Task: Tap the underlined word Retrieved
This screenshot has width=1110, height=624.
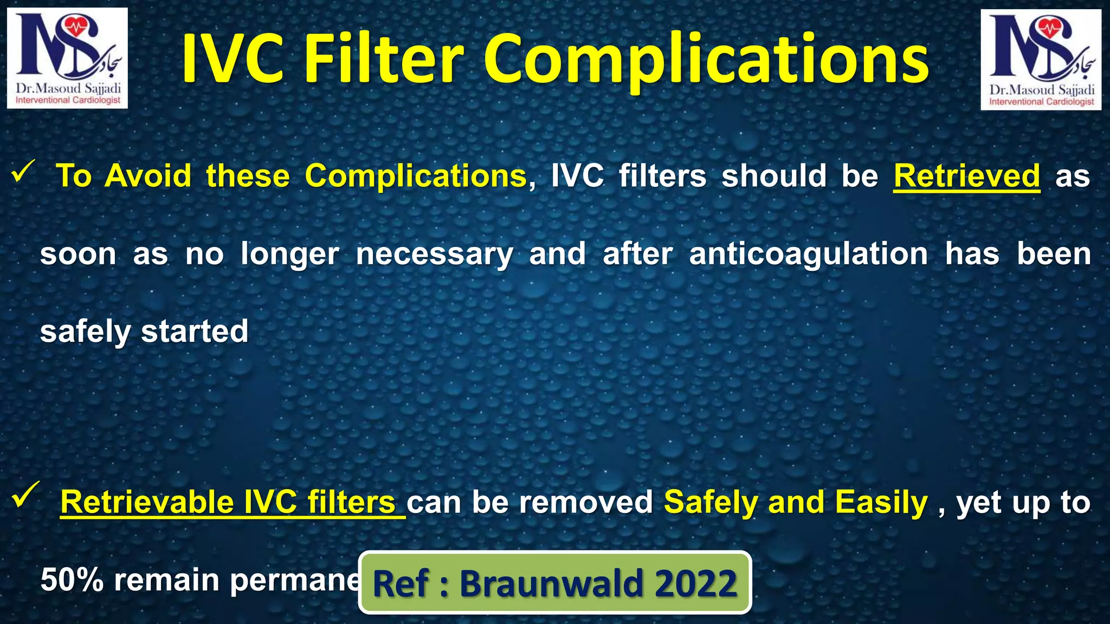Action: coord(966,176)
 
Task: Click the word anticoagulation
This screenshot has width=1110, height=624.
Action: coord(808,254)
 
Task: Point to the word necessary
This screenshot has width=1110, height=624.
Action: coord(434,254)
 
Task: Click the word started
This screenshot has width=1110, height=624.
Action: coord(195,331)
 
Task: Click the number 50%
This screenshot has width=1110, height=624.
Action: coord(72,580)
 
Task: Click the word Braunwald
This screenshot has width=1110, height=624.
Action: coord(552,583)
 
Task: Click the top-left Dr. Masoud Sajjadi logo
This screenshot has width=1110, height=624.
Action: coord(67,58)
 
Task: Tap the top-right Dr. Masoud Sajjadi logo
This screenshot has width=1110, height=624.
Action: coord(1041,59)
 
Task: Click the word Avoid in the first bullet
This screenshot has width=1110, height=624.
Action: coord(148,176)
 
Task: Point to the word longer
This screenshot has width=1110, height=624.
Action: coord(290,254)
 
